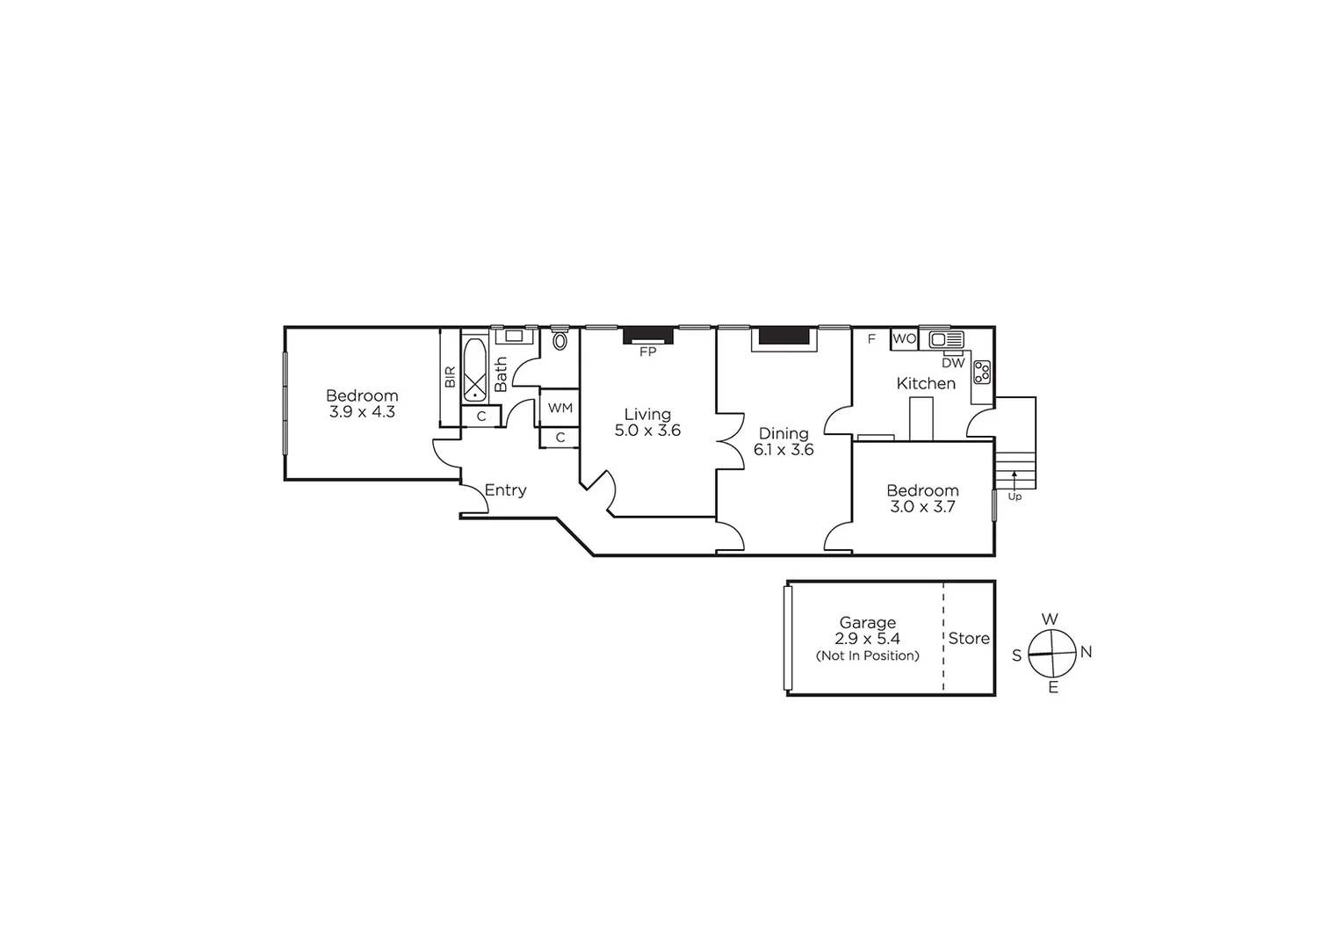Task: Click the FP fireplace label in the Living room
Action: (x=647, y=351)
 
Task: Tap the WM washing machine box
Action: (x=560, y=408)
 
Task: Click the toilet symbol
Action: (x=560, y=340)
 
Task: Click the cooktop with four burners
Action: (x=982, y=372)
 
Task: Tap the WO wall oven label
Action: (x=904, y=338)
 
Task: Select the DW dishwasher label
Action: (x=953, y=362)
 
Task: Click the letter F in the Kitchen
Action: (x=871, y=338)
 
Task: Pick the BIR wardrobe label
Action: (x=450, y=377)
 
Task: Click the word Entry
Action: (x=505, y=490)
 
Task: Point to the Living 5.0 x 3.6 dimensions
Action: (x=647, y=431)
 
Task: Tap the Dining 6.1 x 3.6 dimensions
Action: (x=783, y=450)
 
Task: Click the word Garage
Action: (x=867, y=623)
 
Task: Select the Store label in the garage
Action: (x=969, y=639)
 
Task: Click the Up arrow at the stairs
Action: (x=1014, y=480)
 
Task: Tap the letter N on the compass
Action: (x=1086, y=652)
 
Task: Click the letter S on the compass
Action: (x=1017, y=656)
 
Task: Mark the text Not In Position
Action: (x=867, y=656)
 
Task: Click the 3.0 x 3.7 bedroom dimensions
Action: (x=922, y=507)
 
